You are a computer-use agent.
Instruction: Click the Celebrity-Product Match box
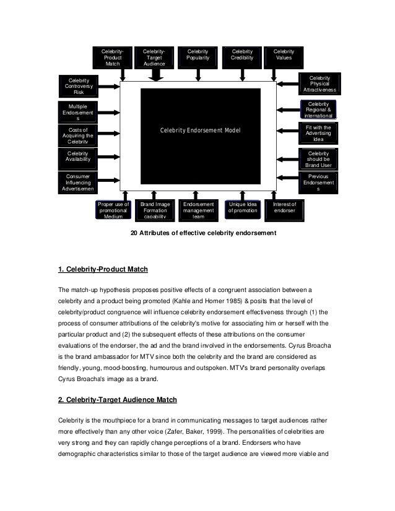113,58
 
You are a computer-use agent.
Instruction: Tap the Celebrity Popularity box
198,55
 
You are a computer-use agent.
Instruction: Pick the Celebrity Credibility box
242,55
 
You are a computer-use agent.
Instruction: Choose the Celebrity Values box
284,55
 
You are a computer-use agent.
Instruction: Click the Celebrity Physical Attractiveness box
318,84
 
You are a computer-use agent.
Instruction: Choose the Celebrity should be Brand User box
318,158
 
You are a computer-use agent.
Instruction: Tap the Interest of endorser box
285,208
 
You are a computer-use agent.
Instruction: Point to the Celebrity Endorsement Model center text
199,131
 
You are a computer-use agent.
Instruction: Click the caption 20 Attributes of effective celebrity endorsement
198,233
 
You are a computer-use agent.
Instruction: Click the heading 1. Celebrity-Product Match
103,270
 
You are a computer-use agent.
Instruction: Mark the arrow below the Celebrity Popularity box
198,75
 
